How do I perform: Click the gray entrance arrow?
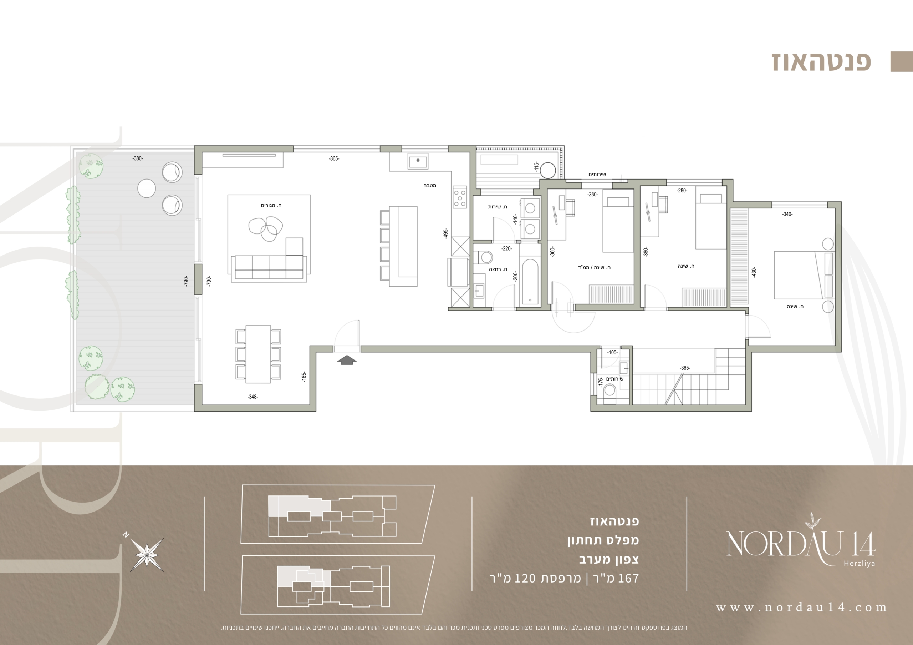click(x=347, y=360)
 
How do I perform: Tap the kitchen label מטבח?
click(x=429, y=185)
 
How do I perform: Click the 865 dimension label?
click(x=334, y=158)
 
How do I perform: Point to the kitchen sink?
click(x=418, y=161)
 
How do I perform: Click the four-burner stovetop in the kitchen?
click(x=460, y=197)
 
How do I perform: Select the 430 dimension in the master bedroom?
click(x=754, y=272)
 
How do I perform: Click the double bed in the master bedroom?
click(x=804, y=274)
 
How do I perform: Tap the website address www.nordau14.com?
click(x=801, y=607)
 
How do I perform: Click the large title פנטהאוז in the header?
click(x=821, y=62)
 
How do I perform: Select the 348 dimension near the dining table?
click(x=253, y=397)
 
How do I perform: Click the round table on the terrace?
click(x=146, y=188)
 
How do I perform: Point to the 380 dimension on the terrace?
click(x=138, y=158)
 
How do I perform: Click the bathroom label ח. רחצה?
click(x=498, y=269)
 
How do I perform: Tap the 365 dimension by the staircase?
click(x=685, y=368)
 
